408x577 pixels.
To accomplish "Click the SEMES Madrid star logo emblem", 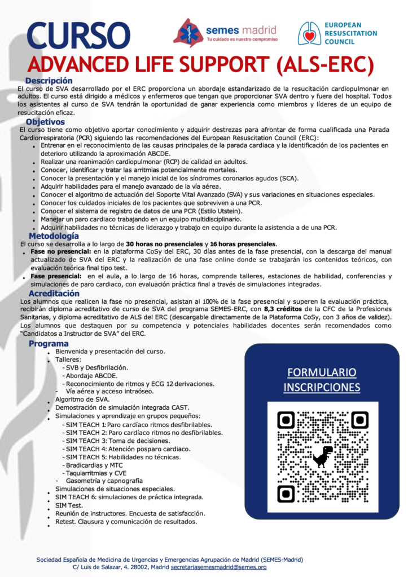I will pyautogui.click(x=188, y=32).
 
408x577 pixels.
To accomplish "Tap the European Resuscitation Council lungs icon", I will pyautogui.click(x=310, y=33).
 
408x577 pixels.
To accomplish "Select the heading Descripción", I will pyautogui.click(x=49, y=81).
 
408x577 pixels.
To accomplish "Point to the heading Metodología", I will pyautogui.click(x=54, y=236).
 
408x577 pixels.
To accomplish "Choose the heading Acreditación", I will pyautogui.click(x=54, y=294).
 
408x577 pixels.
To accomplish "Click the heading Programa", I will pyautogui.click(x=49, y=344).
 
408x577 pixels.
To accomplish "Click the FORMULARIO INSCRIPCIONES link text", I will pyautogui.click(x=322, y=380).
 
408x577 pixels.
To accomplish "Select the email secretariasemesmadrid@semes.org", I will pyautogui.click(x=219, y=567).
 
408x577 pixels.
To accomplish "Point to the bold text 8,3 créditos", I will pyautogui.click(x=250, y=310).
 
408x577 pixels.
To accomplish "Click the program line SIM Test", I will pyautogui.click(x=69, y=505).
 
